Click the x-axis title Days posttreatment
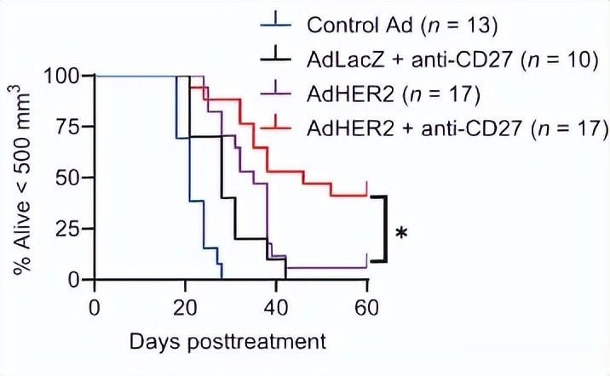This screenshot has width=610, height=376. click(x=227, y=342)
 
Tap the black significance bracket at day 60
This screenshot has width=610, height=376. click(x=385, y=229)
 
